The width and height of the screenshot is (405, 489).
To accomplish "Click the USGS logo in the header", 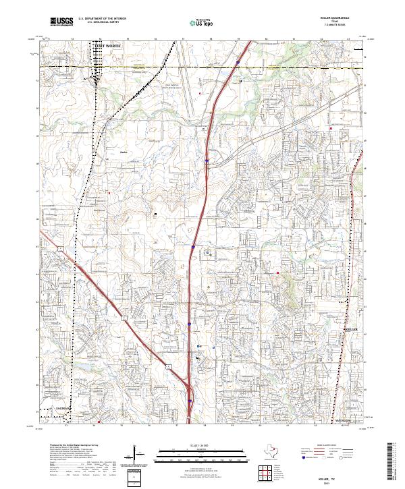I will pyautogui.click(x=62, y=22).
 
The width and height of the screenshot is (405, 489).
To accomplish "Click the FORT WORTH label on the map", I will pyautogui.click(x=107, y=47).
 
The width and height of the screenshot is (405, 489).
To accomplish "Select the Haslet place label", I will pyautogui.click(x=124, y=151).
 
